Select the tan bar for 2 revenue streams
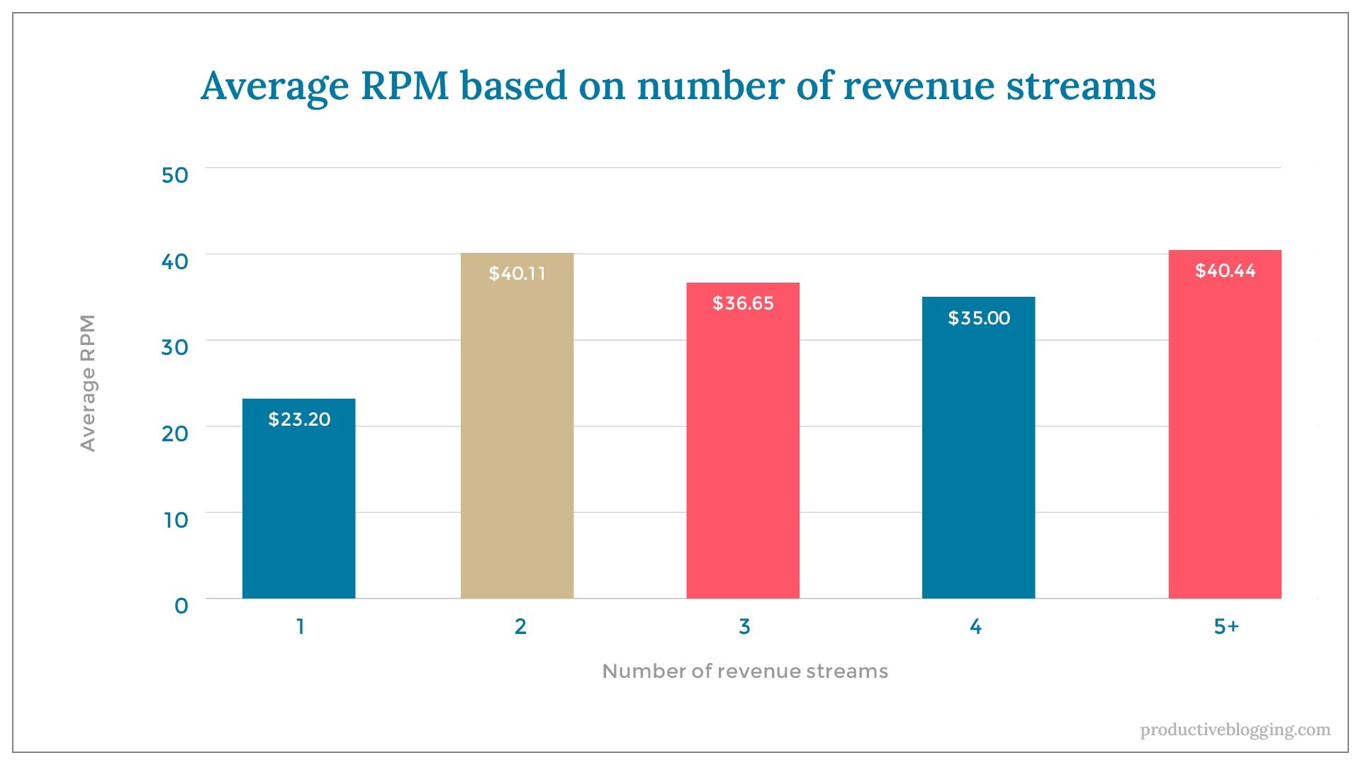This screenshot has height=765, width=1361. tap(517, 439)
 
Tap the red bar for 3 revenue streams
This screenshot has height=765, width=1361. tap(742, 453)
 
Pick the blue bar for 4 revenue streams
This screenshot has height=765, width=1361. tap(978, 460)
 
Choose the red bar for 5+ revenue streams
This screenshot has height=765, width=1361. tap(1224, 439)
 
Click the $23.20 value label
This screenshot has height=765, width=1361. tap(299, 419)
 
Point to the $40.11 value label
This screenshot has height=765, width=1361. tap(517, 273)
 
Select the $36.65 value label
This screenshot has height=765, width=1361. tap(743, 303)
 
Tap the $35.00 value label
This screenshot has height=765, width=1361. tap(979, 318)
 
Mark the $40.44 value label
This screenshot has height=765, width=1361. tap(1225, 271)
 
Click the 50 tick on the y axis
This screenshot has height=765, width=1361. tap(174, 175)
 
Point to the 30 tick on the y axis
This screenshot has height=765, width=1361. tap(174, 347)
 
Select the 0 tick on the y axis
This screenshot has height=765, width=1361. tap(181, 606)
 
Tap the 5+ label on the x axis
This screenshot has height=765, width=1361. tap(1226, 626)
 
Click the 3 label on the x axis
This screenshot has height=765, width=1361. tap(744, 626)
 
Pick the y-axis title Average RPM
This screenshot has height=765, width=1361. tap(87, 382)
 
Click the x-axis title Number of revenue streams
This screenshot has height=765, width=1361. tap(744, 671)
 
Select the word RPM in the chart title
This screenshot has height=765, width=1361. tap(405, 86)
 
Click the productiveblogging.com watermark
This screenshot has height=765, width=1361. tap(1235, 730)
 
